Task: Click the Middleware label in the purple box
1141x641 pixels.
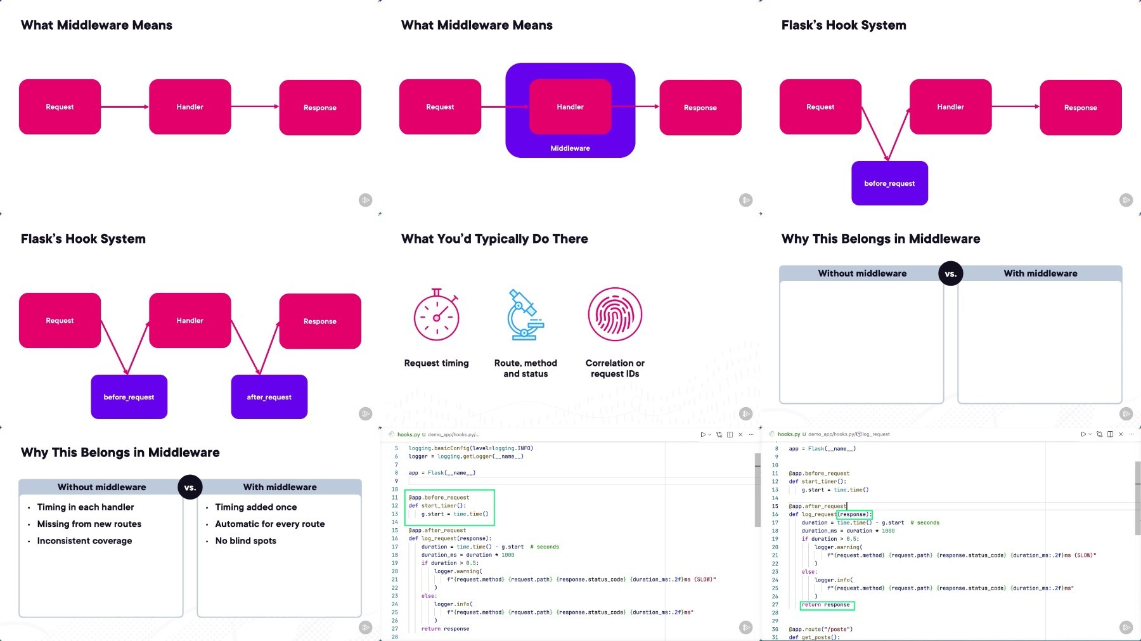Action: coord(570,148)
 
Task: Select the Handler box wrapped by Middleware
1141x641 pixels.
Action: coord(570,107)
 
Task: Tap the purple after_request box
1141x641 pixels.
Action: coord(269,397)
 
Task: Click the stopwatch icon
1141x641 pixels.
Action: coord(436,315)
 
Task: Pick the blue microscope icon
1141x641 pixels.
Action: coord(525,314)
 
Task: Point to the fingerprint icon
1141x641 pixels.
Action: coord(615,314)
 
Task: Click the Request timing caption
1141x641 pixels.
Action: coord(436,363)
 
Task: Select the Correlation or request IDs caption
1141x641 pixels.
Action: coord(615,368)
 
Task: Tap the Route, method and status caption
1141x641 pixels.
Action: coord(525,368)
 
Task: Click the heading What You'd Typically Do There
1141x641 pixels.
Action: coord(494,239)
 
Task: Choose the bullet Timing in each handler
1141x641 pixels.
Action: coord(86,507)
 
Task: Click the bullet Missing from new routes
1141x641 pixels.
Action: coord(89,524)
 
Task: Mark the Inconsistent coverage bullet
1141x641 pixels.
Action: coord(84,541)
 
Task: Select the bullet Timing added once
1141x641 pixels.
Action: coord(255,507)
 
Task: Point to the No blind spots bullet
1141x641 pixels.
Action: coord(245,541)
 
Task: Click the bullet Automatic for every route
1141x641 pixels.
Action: coord(269,524)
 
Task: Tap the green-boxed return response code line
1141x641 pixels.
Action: coord(827,605)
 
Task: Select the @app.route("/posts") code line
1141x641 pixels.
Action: coord(820,629)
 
